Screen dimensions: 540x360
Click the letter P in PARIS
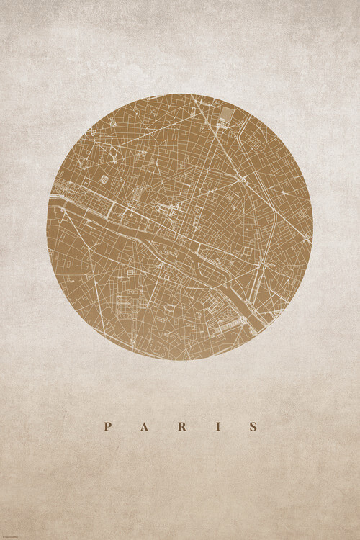(107, 426)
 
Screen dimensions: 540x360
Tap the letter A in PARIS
(144, 426)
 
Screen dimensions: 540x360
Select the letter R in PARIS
(181, 426)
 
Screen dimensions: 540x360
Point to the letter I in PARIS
(218, 426)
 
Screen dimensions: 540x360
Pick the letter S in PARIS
(253, 426)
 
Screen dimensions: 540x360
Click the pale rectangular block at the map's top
(227, 114)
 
